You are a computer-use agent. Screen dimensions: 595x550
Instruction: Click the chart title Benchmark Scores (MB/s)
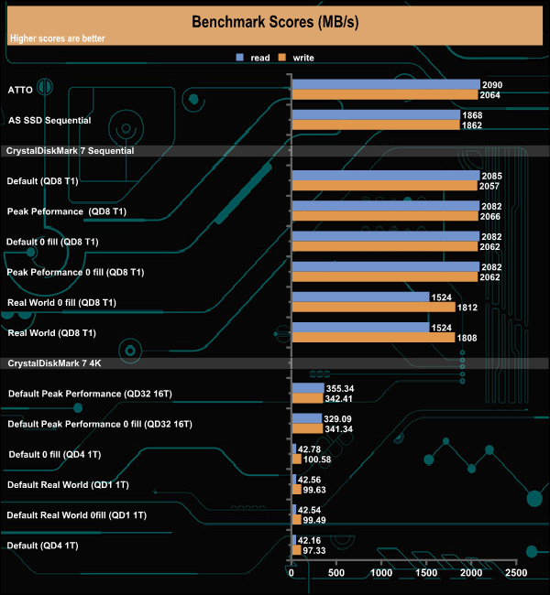[274, 22]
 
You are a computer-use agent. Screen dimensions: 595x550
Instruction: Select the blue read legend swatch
[239, 58]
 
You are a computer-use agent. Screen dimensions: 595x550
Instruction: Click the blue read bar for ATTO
[386, 84]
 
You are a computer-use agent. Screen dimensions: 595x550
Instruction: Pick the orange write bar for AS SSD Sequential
[376, 125]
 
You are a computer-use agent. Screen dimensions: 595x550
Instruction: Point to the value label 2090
[493, 84]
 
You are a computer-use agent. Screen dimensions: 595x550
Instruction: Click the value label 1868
[473, 115]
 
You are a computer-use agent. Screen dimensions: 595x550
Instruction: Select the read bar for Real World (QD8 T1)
[360, 328]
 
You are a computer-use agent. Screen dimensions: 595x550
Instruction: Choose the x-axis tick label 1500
[426, 573]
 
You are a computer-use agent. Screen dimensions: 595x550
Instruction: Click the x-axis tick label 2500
[516, 573]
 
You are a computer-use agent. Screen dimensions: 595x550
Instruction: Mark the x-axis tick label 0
[291, 573]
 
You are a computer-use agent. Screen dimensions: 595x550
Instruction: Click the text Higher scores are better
[57, 38]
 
